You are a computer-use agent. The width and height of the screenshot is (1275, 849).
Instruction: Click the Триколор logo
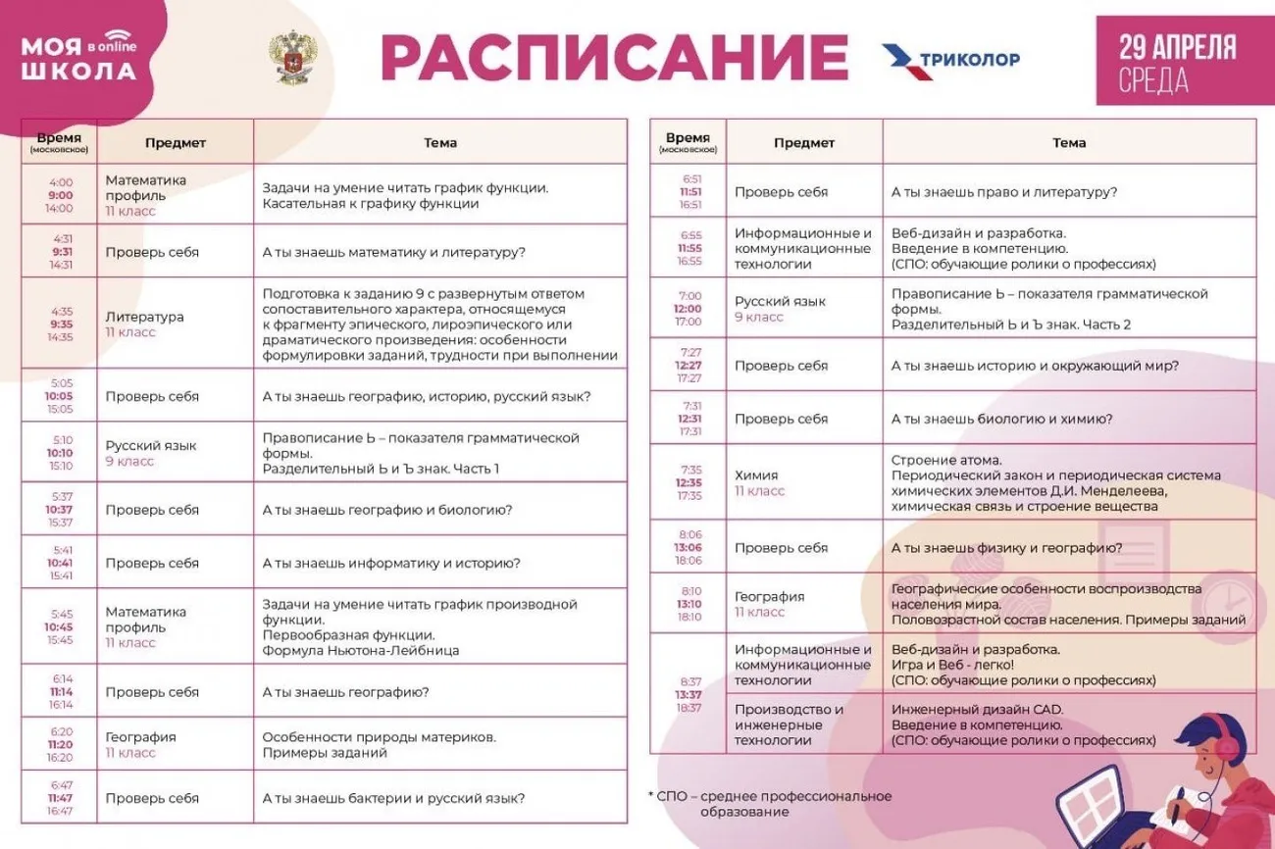[x=950, y=59]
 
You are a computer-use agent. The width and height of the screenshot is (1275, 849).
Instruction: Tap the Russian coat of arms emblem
[x=291, y=57]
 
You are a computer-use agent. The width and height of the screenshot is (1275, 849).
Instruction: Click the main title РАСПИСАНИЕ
[x=614, y=57]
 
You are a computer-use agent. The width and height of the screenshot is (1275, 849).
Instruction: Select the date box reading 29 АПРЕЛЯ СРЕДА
[x=1177, y=61]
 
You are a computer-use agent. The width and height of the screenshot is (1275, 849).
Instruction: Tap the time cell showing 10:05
[x=60, y=396]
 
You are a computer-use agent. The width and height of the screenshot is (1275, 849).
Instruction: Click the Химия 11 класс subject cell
[x=803, y=482]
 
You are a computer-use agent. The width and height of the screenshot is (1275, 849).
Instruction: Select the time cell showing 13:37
[x=688, y=694]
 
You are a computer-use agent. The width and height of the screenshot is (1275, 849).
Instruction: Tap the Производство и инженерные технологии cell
[x=803, y=724]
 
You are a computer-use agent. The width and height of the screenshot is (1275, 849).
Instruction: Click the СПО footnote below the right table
[x=769, y=804]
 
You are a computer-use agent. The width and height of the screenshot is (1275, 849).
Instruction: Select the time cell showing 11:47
[x=60, y=798]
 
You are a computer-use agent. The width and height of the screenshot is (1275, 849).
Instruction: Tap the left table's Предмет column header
[x=176, y=142]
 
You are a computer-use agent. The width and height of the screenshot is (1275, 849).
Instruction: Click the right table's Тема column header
[x=1068, y=142]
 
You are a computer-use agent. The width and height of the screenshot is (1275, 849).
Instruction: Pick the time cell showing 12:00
[x=688, y=308]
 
